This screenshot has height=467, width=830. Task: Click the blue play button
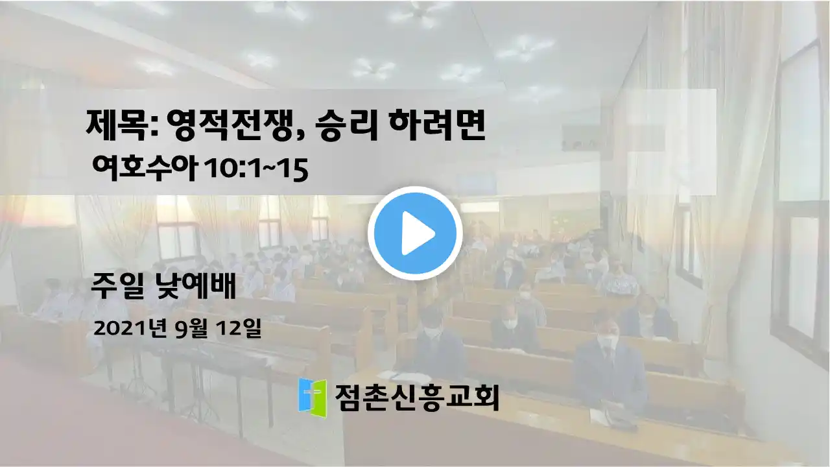415,233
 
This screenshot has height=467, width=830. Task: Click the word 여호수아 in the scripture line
144,169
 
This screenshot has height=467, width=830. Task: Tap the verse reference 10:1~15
256,170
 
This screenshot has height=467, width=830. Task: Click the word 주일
116,286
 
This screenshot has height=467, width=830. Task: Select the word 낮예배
195,286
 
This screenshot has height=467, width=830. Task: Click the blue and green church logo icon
313,398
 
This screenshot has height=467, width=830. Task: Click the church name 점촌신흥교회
416,398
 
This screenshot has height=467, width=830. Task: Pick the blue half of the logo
305,395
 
